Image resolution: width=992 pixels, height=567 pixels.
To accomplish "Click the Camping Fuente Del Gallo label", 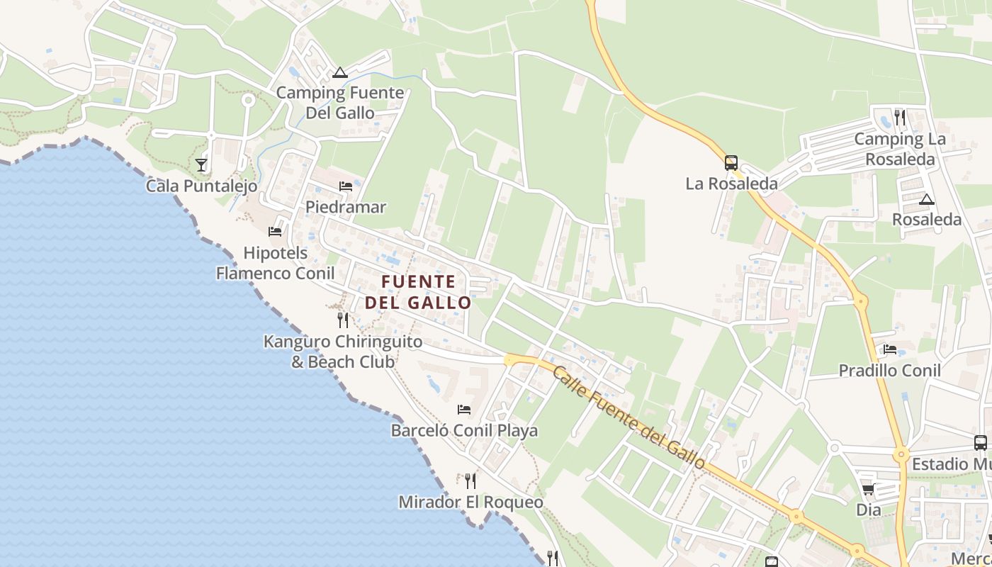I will point(340,103).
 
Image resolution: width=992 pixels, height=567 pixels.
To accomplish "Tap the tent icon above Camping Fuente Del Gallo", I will point(340,72).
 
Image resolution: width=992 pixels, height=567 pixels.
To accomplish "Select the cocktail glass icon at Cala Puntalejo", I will point(201,164).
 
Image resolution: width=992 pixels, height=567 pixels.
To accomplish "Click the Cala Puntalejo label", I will point(201,186).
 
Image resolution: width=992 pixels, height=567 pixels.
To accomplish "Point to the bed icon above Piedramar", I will point(346,186).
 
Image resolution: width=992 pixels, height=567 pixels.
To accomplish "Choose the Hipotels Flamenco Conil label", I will point(275,263).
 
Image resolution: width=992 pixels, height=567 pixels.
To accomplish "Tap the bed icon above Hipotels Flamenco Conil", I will point(275,231).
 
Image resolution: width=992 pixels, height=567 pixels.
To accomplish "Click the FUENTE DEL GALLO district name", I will point(418,292).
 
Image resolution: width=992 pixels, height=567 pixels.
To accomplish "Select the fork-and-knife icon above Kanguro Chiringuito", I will point(343,320).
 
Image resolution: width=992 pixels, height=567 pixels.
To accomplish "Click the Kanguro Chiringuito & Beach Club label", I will point(343,352).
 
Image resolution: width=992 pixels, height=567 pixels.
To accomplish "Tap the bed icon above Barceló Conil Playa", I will point(464,410).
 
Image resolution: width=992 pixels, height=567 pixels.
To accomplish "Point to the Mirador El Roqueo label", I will point(470,503).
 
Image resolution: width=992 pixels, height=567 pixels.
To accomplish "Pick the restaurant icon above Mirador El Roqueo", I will point(470,481).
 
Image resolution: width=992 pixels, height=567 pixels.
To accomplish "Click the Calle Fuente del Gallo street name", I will point(629,417).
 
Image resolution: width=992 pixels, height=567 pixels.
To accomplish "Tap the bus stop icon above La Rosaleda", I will point(731,163).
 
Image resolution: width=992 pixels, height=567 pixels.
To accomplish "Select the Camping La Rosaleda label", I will point(899,149).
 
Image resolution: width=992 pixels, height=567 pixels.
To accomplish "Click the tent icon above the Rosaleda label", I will point(926,199).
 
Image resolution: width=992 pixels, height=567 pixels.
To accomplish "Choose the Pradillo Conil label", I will point(890,371).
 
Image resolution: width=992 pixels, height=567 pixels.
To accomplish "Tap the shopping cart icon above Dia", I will point(868,489).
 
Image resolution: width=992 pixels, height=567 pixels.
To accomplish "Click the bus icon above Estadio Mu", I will point(981,443).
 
